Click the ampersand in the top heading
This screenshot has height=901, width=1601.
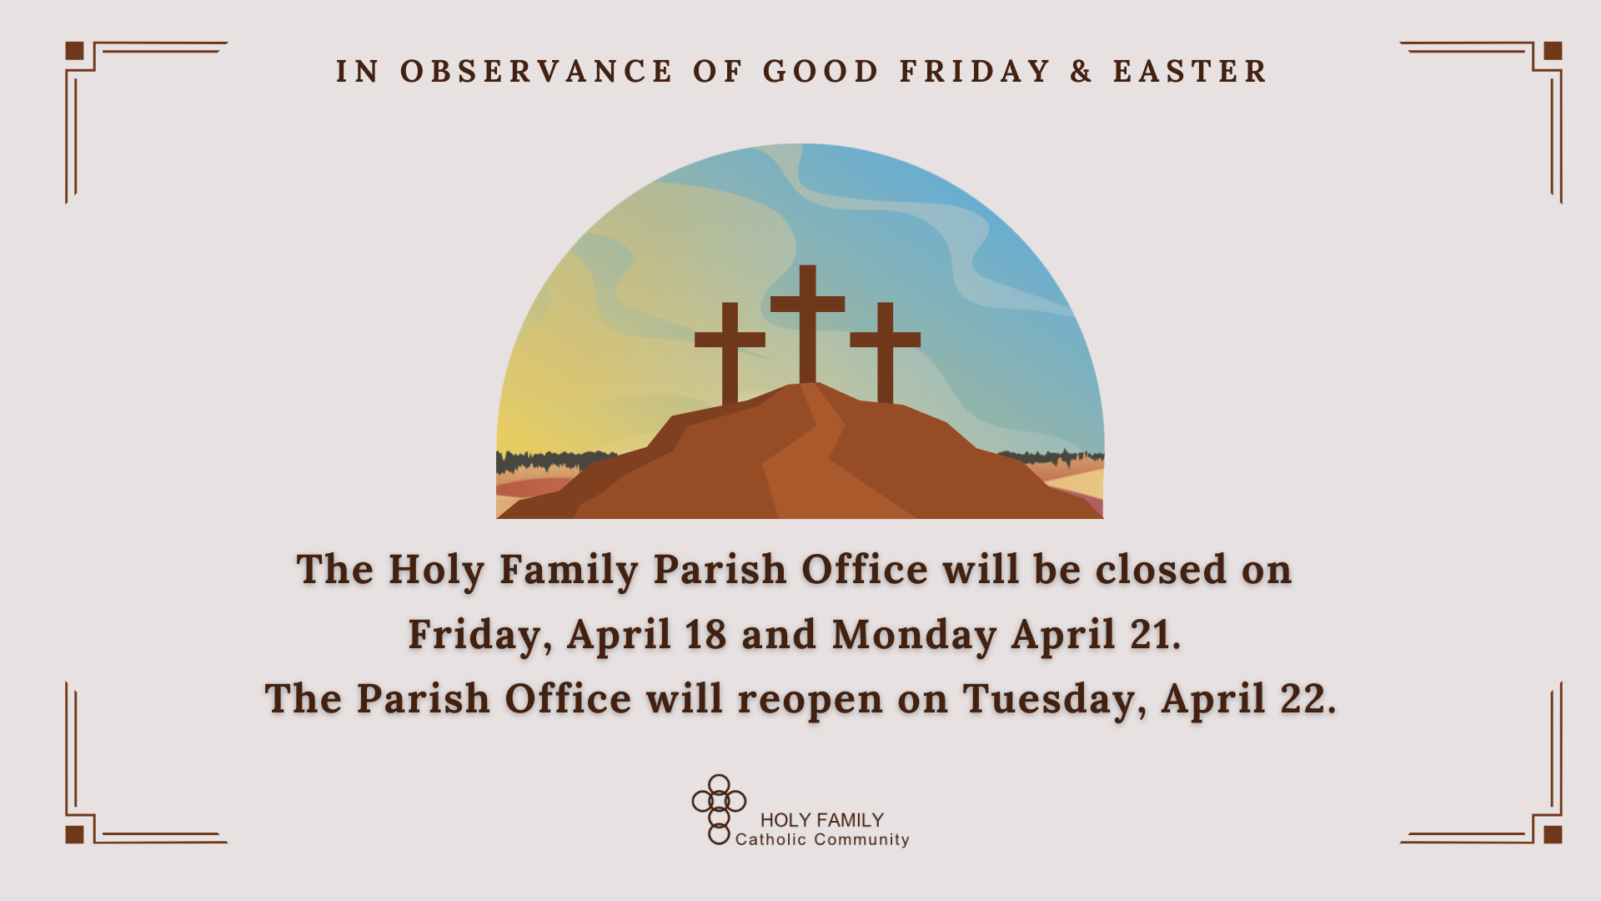1082,72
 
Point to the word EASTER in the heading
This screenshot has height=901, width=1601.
1190,72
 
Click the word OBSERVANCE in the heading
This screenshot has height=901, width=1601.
536,72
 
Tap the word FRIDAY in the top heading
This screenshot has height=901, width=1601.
975,72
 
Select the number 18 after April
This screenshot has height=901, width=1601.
705,634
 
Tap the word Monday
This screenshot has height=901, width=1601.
914,636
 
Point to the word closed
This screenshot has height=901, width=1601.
1161,570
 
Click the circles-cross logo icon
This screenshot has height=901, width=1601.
719,809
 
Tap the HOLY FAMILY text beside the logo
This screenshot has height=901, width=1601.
821,820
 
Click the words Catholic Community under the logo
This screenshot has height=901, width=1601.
822,839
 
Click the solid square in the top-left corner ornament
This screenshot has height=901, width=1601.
75,51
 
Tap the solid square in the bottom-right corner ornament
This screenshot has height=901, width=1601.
1553,834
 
